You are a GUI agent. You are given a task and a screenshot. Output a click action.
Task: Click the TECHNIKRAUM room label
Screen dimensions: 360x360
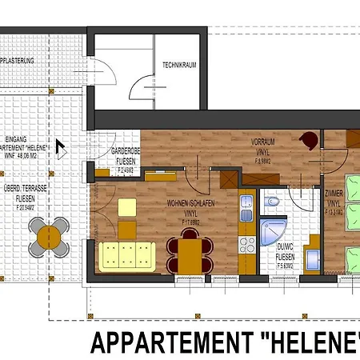(x=179, y=65)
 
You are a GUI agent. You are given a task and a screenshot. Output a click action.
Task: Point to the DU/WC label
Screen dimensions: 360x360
(x=286, y=247)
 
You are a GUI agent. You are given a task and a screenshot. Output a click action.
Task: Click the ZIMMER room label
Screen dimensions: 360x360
(x=335, y=197)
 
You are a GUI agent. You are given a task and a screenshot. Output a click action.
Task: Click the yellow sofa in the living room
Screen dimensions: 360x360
(x=126, y=255)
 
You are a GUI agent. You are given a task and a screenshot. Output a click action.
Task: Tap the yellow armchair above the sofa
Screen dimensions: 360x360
(x=127, y=207)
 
